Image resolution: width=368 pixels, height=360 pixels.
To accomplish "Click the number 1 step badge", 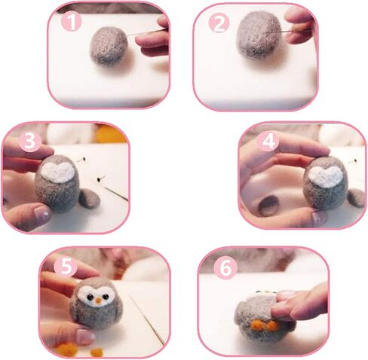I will pos(71,22).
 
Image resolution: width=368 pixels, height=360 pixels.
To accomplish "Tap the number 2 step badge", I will pos(219,23).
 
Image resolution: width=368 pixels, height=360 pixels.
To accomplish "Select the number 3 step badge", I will pos(29,141).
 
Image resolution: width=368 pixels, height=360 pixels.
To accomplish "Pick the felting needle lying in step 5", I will pos(151,328).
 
